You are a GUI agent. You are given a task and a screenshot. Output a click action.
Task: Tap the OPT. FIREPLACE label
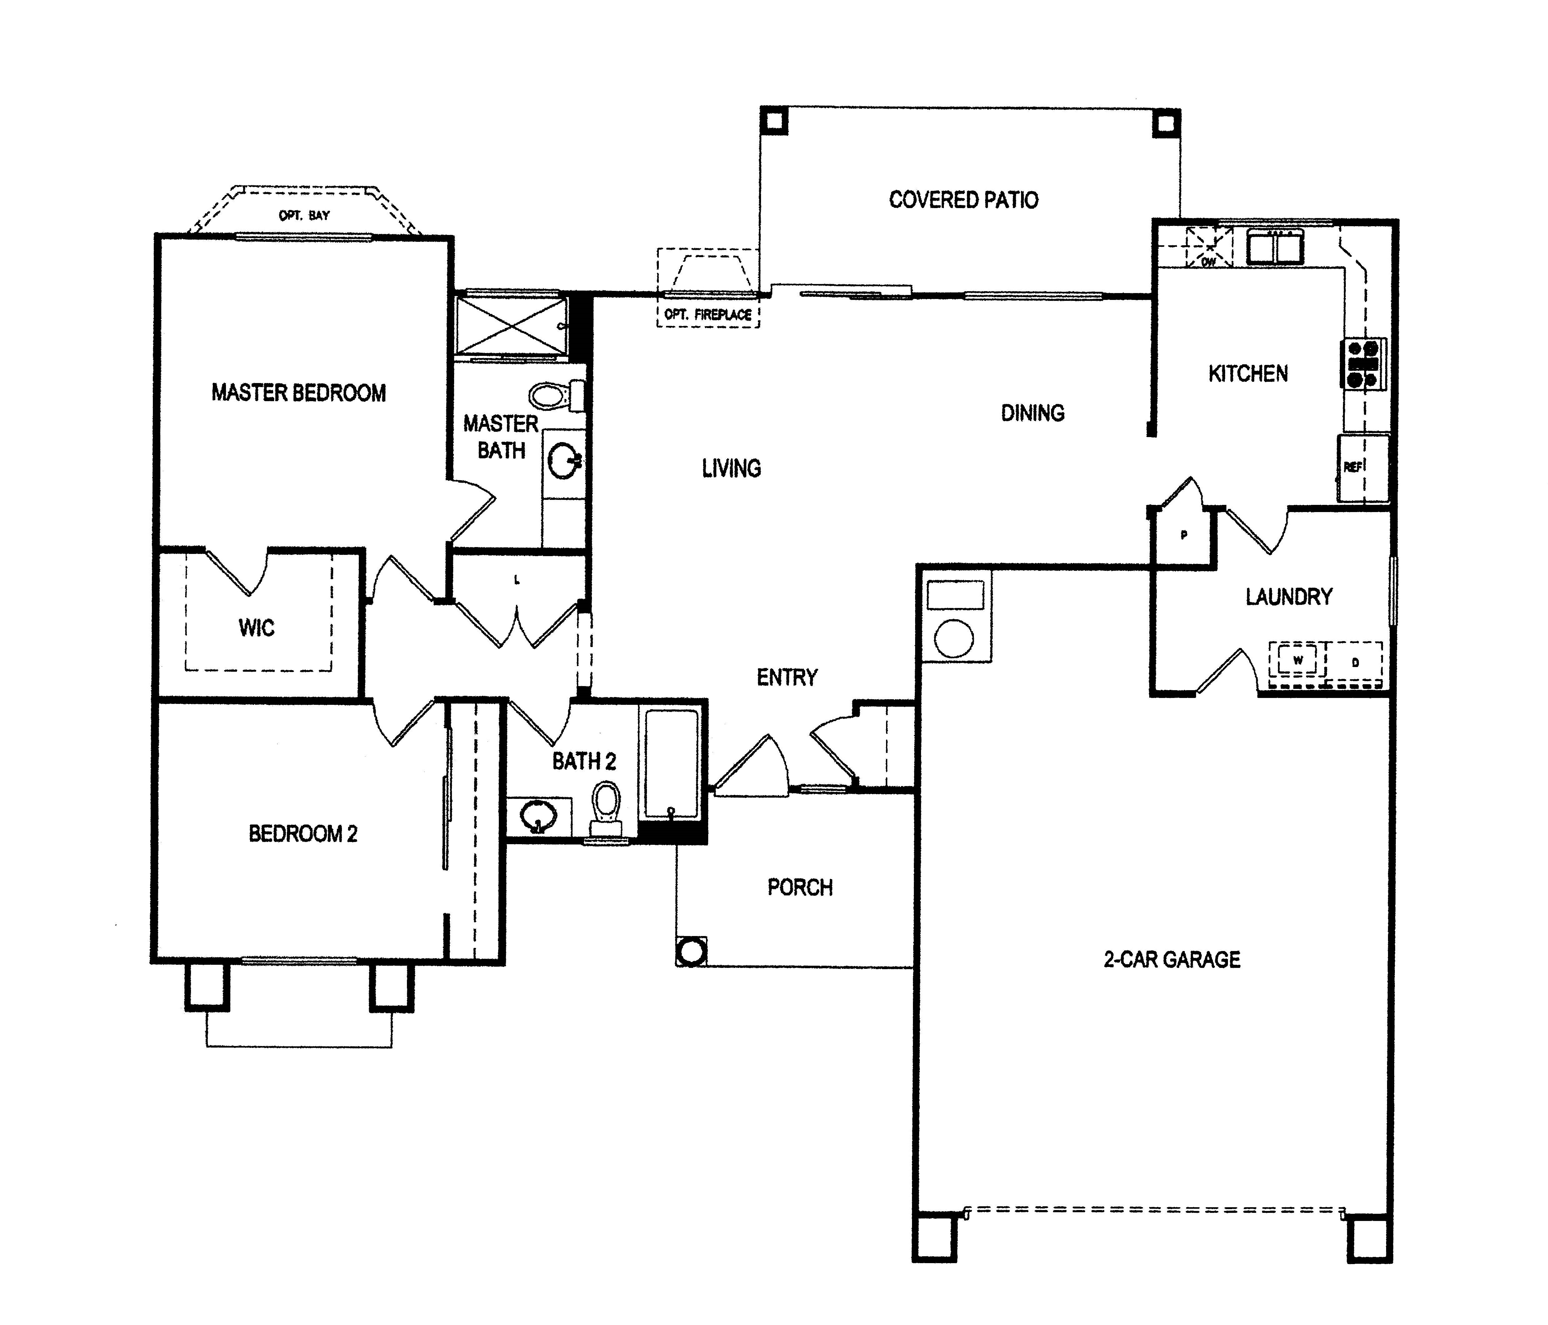[x=708, y=314]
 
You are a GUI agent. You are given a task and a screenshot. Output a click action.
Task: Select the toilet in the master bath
[x=557, y=396]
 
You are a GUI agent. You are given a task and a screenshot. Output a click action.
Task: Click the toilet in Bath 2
[x=607, y=809]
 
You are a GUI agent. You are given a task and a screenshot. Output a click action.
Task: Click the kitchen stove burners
[x=1363, y=364]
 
